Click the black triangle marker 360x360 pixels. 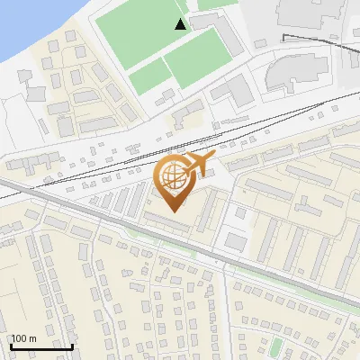click(x=181, y=24)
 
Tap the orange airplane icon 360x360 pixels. click(x=199, y=164)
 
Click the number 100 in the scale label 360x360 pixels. click(x=19, y=338)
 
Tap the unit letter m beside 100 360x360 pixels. click(x=33, y=338)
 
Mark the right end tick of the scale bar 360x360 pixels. click(x=72, y=346)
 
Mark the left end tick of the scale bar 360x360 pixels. click(x=9, y=346)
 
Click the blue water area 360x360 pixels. click(x=27, y=22)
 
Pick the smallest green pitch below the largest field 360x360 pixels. click(x=148, y=76)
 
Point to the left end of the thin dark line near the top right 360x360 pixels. click(x=283, y=37)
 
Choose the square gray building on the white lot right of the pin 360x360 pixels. click(x=236, y=241)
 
